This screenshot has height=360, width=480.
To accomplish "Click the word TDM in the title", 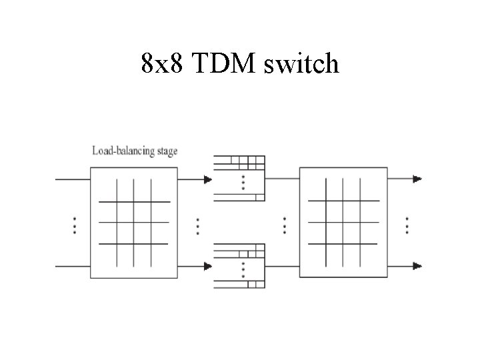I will click(225, 64).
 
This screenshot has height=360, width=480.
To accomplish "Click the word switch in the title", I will click(301, 64).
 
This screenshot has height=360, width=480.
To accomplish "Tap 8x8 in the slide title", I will click(165, 64).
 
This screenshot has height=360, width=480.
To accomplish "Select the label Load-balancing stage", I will click(135, 151).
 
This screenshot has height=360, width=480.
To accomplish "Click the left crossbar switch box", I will click(135, 222).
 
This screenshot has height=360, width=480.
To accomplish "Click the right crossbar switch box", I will click(343, 222).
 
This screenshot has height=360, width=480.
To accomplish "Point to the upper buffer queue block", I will click(239, 177).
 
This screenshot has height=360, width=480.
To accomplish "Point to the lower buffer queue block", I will click(239, 265).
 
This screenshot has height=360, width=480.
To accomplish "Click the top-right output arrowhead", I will click(417, 179).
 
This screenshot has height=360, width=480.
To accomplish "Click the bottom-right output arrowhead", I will click(417, 266).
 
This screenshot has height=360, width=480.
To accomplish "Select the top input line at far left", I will click(72, 179).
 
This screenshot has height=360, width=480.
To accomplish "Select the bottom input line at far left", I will click(72, 266).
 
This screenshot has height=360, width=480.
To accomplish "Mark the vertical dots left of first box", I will click(73, 225).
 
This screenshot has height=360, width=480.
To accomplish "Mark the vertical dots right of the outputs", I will click(407, 225).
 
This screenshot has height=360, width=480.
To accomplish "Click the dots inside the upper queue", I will click(243, 182).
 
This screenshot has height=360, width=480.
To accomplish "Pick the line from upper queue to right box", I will click(282, 179).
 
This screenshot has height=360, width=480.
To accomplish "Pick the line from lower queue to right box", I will click(282, 266).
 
